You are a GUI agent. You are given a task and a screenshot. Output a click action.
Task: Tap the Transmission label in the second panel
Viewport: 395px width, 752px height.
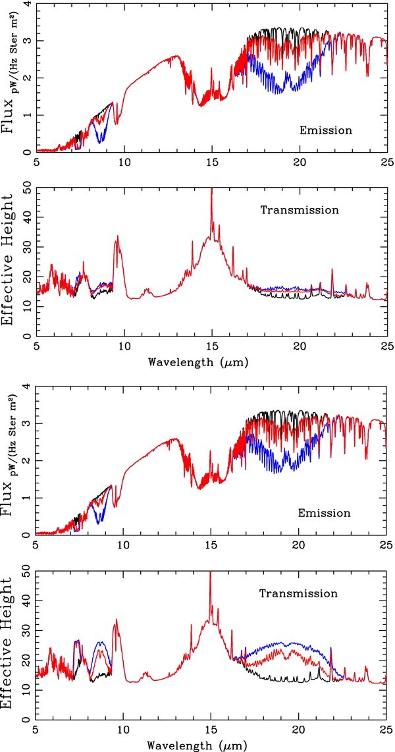click(298, 211)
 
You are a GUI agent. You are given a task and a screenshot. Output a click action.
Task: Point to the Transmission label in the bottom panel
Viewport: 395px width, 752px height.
click(298, 593)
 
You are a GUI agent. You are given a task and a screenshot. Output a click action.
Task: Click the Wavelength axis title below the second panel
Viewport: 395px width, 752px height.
click(199, 362)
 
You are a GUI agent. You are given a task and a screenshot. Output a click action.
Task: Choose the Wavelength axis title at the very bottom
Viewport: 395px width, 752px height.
click(199, 744)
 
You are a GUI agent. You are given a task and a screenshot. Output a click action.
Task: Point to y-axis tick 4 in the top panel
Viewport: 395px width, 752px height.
click(26, 5)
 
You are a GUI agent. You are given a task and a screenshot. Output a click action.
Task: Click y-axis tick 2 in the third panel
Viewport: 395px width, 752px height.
click(26, 462)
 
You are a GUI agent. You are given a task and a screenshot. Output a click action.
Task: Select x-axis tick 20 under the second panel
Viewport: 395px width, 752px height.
click(298, 347)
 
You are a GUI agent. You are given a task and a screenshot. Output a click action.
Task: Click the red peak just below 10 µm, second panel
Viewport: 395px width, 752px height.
click(118, 236)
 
